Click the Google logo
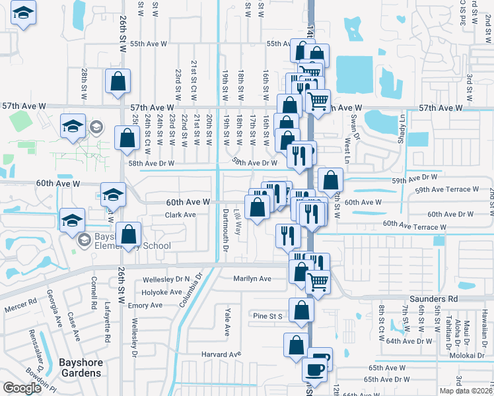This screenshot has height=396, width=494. tap(22, 388)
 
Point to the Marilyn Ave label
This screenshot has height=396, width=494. tap(252, 279)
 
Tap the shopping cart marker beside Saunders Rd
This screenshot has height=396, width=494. tap(318, 282)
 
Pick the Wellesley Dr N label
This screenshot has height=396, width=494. tap(166, 279)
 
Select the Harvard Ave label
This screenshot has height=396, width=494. tap(220, 355)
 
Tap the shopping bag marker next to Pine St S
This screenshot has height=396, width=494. tap(301, 310)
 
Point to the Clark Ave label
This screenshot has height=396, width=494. tap(180, 215)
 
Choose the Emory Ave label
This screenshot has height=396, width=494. tap(145, 306)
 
